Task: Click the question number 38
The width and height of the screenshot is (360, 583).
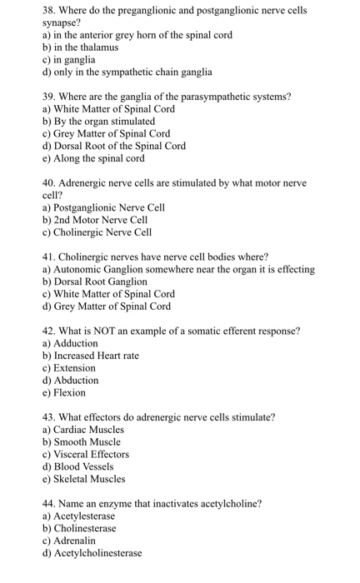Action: pyautogui.click(x=50, y=11)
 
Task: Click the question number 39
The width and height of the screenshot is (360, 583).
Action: pyautogui.click(x=50, y=97)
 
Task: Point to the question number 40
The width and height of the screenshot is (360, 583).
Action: pyautogui.click(x=50, y=183)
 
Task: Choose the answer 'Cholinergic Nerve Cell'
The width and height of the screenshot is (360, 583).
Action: pyautogui.click(x=102, y=232)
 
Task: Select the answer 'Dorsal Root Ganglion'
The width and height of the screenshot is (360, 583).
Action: pyautogui.click(x=94, y=282)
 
